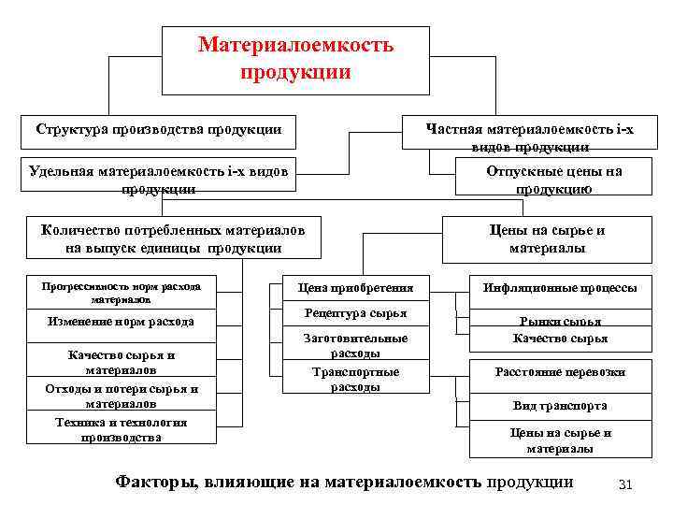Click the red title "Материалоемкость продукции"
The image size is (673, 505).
295,58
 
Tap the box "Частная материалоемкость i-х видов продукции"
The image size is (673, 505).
528,136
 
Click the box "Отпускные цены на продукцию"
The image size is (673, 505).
553,179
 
